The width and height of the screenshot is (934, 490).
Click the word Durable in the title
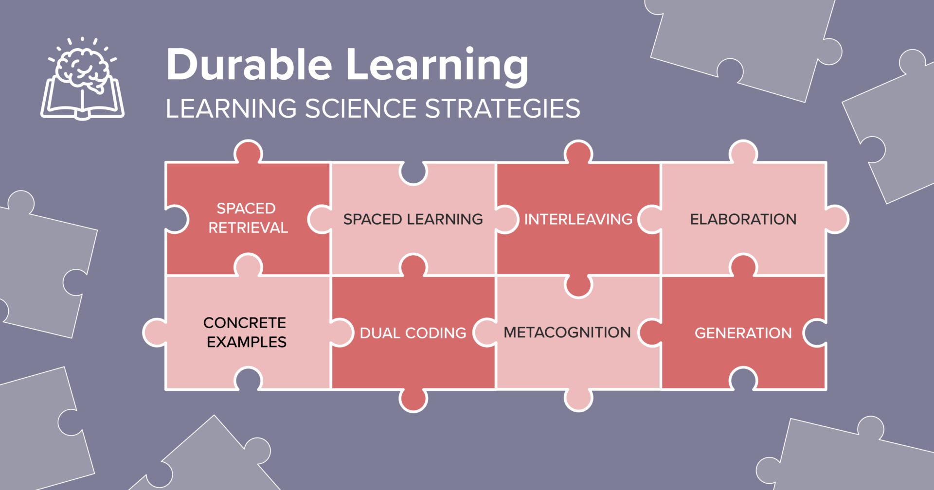249,65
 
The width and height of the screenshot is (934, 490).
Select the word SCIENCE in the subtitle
360,108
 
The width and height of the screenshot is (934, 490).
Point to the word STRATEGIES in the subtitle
503,108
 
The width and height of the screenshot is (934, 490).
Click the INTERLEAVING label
578,219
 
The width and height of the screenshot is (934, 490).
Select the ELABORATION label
743,219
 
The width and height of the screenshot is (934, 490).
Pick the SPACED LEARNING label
413,219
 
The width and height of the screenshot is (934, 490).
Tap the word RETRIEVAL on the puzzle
248,228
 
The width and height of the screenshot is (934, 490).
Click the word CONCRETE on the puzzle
244,323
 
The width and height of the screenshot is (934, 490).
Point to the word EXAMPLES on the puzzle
246,342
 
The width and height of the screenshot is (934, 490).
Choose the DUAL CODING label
413,333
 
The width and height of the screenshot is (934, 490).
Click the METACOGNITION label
567,332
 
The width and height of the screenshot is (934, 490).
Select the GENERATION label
743,333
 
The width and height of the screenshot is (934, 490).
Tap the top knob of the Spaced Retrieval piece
248,152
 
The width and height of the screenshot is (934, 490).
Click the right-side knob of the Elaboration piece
836,219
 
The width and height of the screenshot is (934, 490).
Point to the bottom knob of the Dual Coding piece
413,400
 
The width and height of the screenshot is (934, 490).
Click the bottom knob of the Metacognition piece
578,400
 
